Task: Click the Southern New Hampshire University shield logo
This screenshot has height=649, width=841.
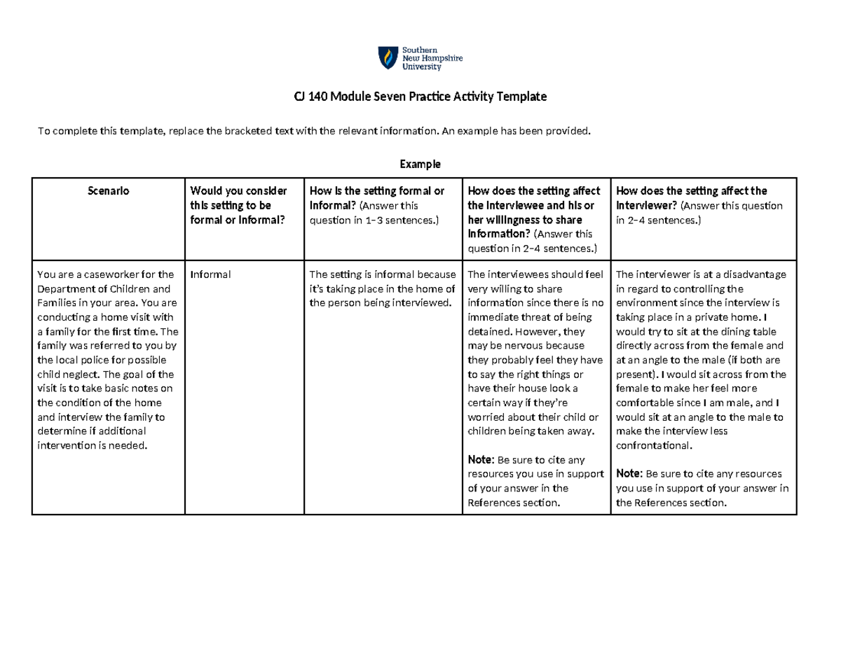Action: [386, 58]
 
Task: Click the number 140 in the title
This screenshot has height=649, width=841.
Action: [315, 97]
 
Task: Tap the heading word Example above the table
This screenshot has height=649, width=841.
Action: [420, 165]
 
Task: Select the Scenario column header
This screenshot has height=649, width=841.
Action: [108, 190]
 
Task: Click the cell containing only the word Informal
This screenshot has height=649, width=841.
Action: [211, 274]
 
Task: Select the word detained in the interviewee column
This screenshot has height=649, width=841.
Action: [490, 331]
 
